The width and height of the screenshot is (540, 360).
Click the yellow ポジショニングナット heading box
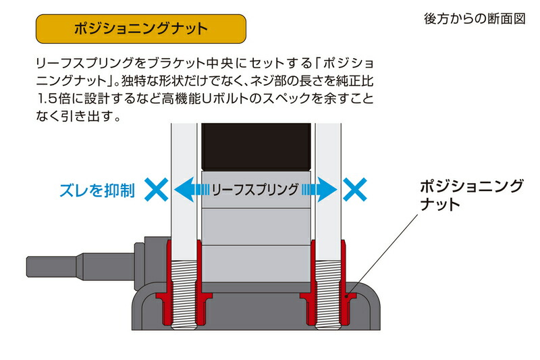click(x=140, y=30)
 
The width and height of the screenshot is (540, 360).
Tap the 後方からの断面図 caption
click(x=474, y=19)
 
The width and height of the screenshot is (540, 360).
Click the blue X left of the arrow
click(x=157, y=190)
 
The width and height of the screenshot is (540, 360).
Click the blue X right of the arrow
click(x=355, y=190)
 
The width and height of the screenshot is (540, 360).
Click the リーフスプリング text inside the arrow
click(x=255, y=190)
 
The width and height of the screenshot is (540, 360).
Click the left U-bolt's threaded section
click(x=183, y=290)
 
